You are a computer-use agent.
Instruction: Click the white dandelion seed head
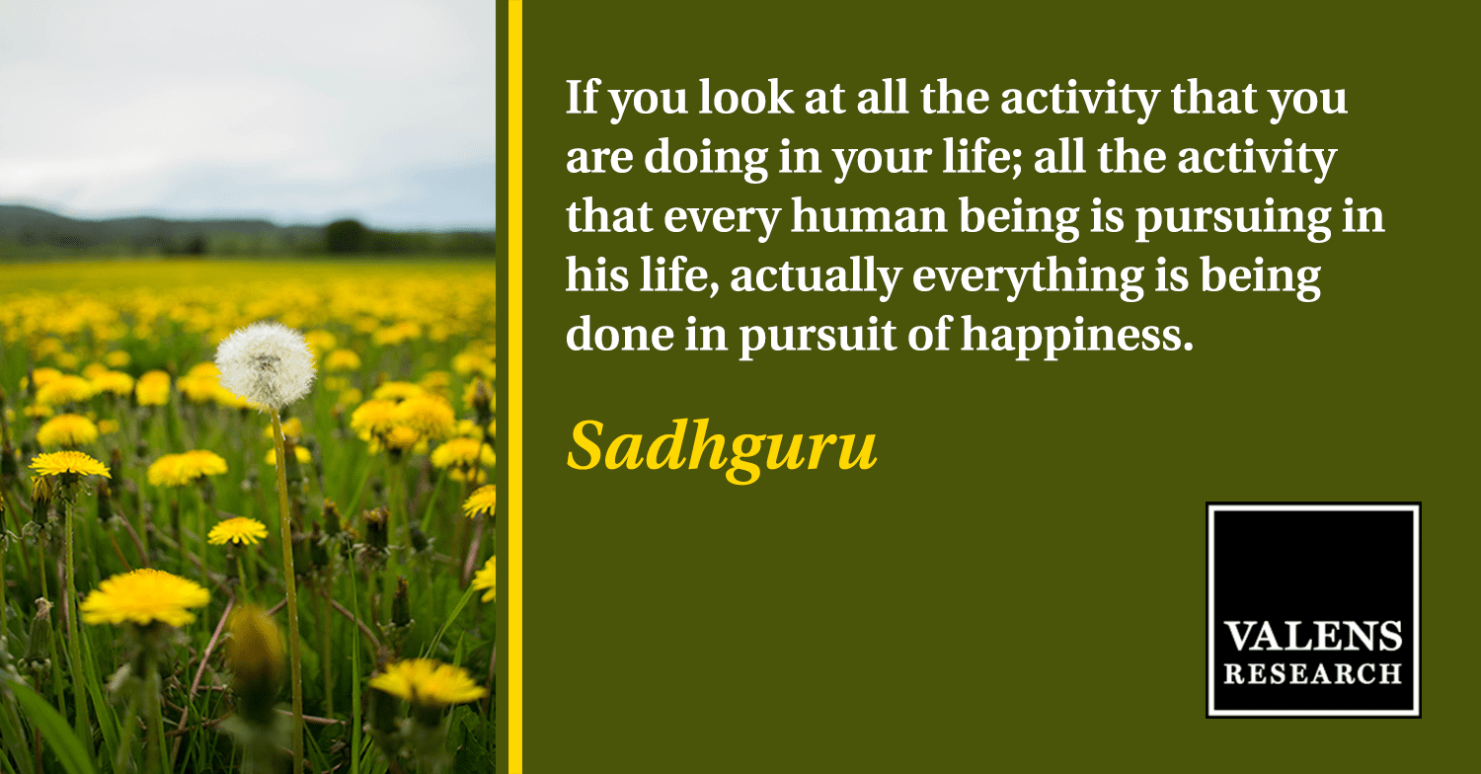point(266,365)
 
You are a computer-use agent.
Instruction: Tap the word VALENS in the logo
point(1312,636)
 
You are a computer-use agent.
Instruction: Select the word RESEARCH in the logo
point(1312,673)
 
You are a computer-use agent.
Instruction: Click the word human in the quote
point(869,215)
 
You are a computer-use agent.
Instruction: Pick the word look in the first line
point(746,97)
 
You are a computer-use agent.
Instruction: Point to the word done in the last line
point(619,334)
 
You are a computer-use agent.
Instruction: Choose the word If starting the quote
point(582,97)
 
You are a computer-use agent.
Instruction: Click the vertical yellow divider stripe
point(515,387)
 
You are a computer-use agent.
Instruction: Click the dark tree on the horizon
point(348,236)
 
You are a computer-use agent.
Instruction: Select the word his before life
point(597,274)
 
